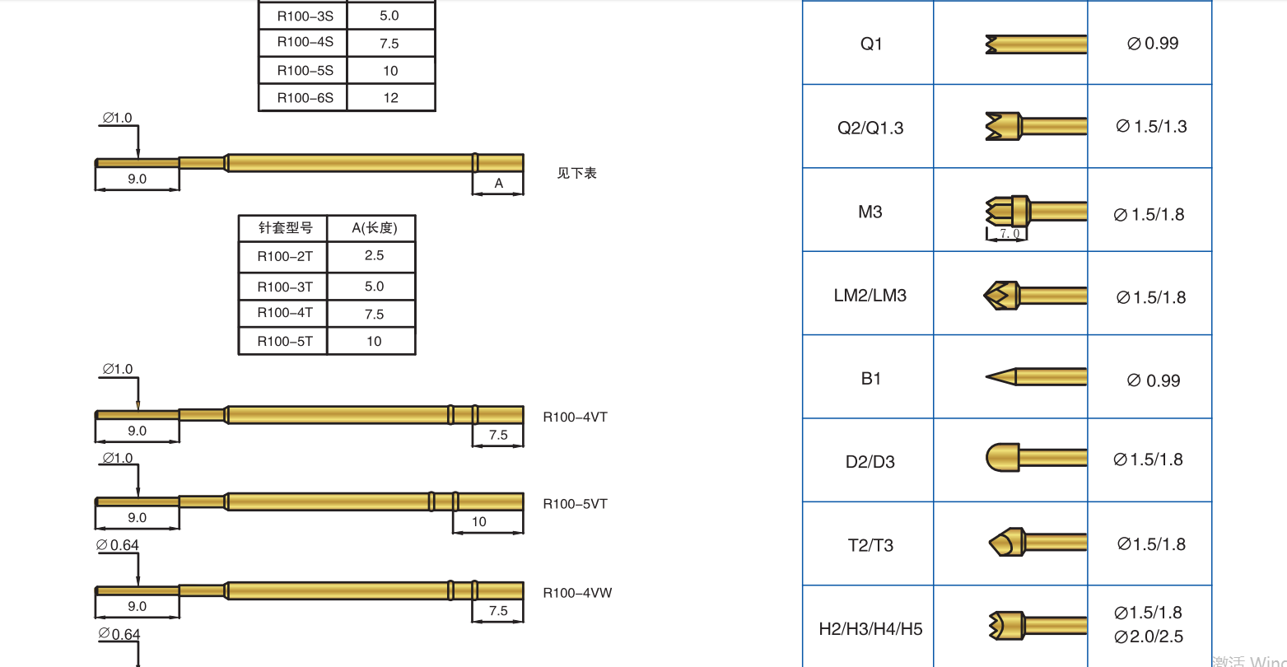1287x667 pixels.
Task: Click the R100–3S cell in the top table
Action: click(x=305, y=16)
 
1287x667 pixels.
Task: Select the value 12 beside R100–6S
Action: click(x=390, y=98)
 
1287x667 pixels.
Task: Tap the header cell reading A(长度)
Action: click(x=374, y=228)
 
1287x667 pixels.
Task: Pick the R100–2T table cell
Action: click(x=284, y=256)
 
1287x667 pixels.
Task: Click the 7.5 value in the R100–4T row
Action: click(x=374, y=315)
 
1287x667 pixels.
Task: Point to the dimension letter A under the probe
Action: click(x=499, y=184)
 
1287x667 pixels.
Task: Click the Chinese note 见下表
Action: click(x=577, y=173)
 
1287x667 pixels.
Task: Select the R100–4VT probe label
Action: click(x=575, y=417)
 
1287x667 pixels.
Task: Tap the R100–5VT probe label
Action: click(x=575, y=504)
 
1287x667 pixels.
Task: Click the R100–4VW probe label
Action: click(x=577, y=593)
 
